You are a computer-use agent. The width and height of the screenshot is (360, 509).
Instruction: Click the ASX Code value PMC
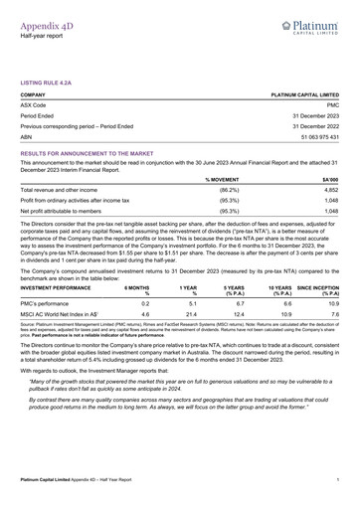point(333,103)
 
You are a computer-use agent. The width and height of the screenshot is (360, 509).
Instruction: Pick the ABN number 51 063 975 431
point(315,137)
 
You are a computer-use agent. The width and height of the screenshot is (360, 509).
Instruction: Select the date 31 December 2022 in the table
point(315,126)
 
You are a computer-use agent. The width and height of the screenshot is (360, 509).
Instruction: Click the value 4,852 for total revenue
point(331,189)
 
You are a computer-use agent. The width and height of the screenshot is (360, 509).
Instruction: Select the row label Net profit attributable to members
point(63,211)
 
